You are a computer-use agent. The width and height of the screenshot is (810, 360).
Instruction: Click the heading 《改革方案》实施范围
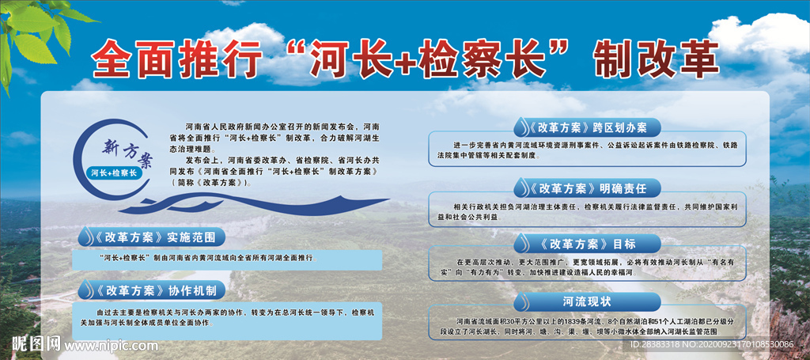pos(159,237)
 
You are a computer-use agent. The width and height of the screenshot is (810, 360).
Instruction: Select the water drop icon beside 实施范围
pos(85,237)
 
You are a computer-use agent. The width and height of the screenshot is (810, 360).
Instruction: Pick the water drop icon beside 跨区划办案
pos(522,127)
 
